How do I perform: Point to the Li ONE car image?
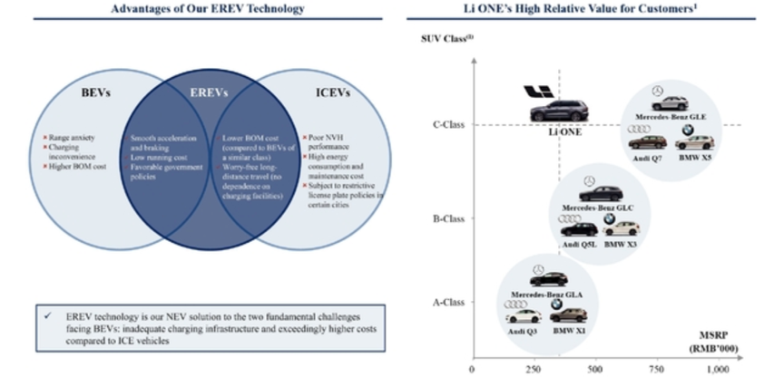558,111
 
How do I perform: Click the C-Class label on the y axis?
449,125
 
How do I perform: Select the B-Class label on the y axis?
449,218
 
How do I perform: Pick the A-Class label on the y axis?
449,302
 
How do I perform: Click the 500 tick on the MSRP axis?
594,370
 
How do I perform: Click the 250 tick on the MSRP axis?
533,370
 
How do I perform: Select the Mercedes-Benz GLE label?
671,117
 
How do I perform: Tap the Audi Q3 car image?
523,315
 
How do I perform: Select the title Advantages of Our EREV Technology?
207,8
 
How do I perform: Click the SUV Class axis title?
446,38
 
